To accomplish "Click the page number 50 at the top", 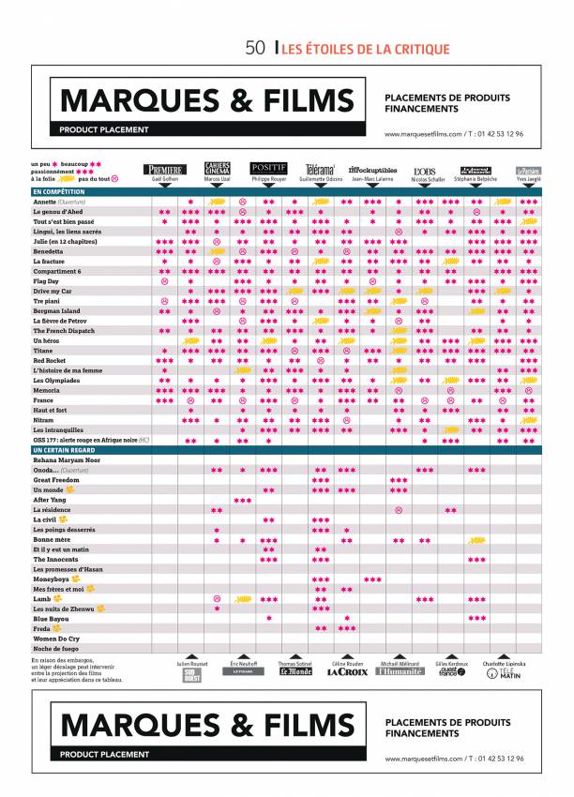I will click(255, 49).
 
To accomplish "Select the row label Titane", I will click(43, 350).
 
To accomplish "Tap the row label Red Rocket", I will click(50, 360).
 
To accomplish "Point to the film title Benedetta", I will click(49, 251).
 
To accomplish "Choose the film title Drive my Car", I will click(53, 291).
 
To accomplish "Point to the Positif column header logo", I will click(268, 168).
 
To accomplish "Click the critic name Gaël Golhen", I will click(164, 178).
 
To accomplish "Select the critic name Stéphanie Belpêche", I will click(477, 178).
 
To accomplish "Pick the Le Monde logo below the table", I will click(295, 671).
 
